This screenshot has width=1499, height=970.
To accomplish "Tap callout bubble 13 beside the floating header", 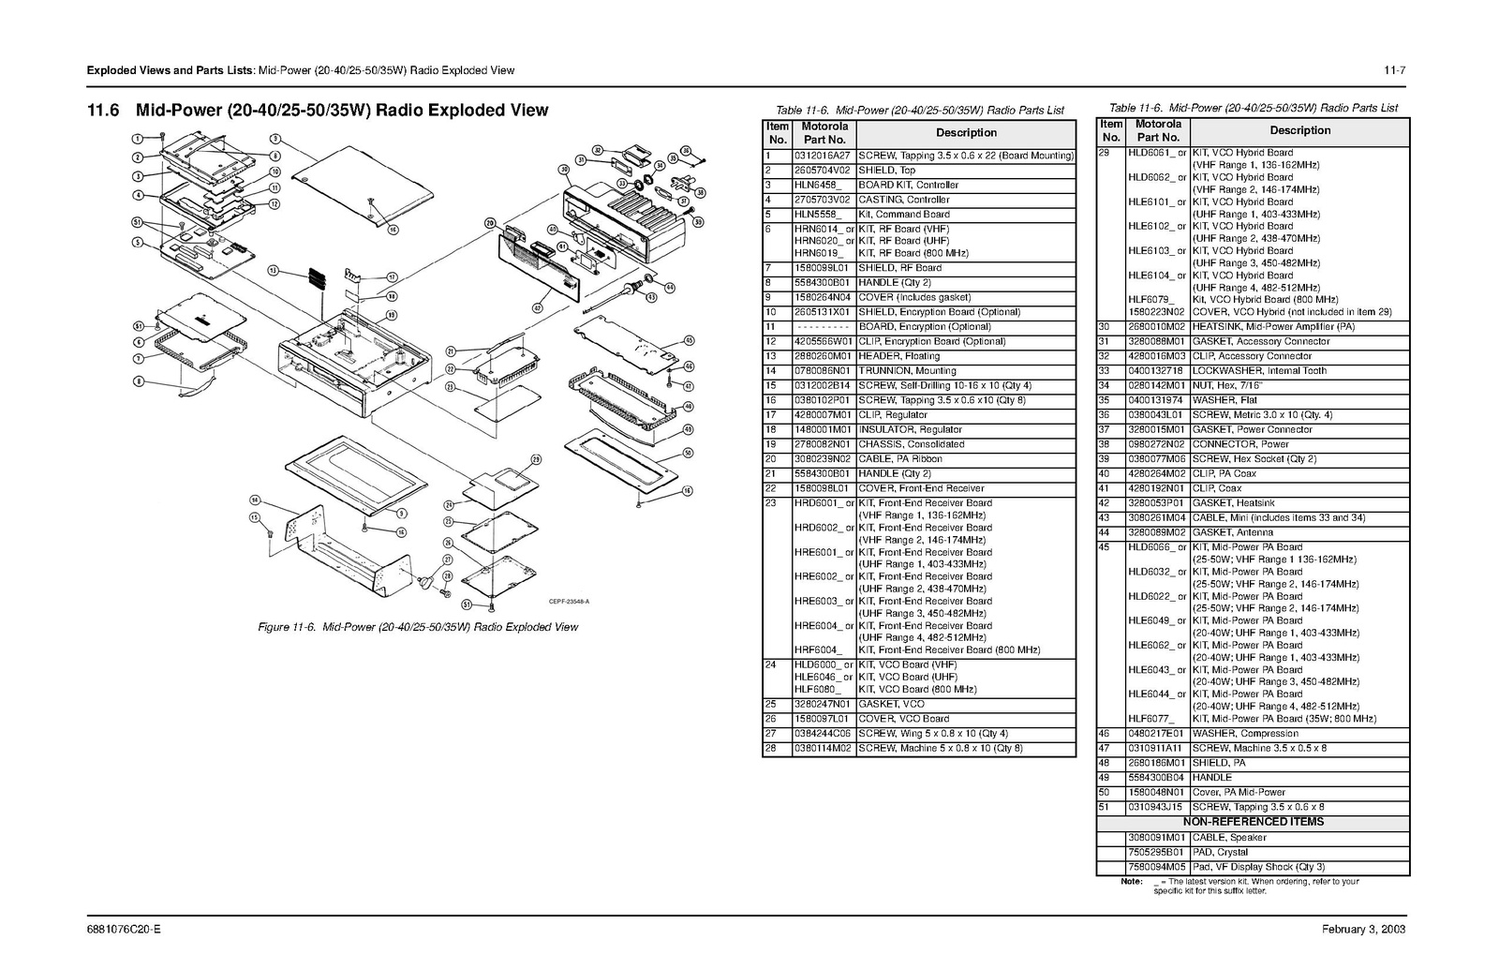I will pyautogui.click(x=274, y=270).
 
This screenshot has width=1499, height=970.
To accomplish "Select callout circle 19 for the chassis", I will pyautogui.click(x=392, y=315).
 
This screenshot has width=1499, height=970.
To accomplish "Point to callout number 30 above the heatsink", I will pyautogui.click(x=564, y=170).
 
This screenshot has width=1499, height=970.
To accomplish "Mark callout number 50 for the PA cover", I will pyautogui.click(x=689, y=453).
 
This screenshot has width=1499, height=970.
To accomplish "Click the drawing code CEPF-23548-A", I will pyautogui.click(x=569, y=602).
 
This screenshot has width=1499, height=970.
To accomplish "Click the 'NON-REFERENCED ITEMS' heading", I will pyautogui.click(x=1253, y=822).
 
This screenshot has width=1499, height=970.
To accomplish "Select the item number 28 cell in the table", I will pyautogui.click(x=771, y=749).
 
